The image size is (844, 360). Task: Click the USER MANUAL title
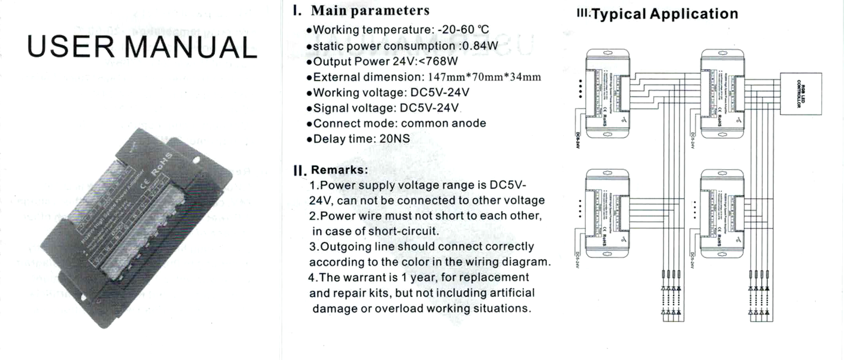142,47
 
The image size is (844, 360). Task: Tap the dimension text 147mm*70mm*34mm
484,77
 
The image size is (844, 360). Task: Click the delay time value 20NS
394,139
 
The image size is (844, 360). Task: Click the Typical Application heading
665,14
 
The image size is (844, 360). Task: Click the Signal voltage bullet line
386,108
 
